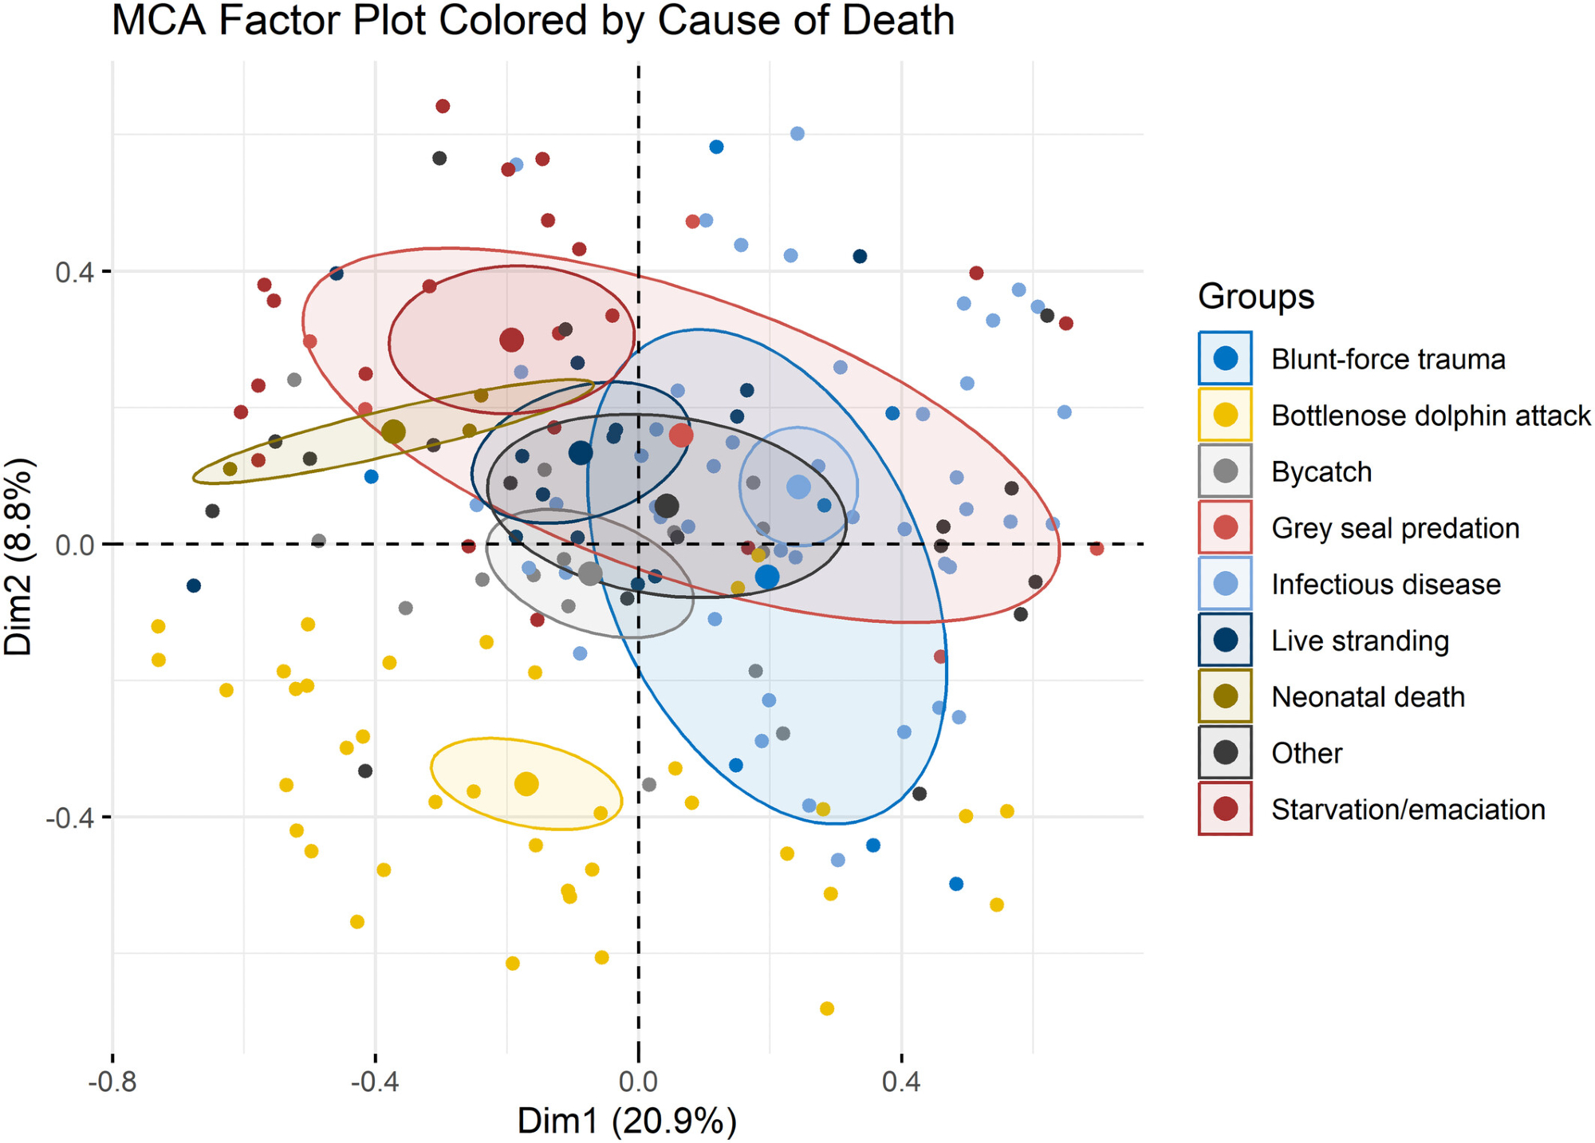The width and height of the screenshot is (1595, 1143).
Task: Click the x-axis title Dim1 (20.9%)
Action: pyautogui.click(x=627, y=1121)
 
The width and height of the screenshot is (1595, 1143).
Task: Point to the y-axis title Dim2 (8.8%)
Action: pyautogui.click(x=19, y=556)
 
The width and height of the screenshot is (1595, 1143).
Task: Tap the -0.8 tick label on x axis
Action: pyautogui.click(x=112, y=1082)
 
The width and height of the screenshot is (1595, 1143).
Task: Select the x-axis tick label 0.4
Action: pyautogui.click(x=901, y=1082)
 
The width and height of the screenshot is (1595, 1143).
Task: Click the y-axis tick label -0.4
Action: pyautogui.click(x=69, y=818)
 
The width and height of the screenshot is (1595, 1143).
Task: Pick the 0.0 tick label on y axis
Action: pyautogui.click(x=74, y=545)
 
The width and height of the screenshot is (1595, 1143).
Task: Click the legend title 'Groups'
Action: pyautogui.click(x=1255, y=297)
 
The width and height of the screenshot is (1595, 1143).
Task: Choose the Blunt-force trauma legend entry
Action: pyautogui.click(x=1388, y=360)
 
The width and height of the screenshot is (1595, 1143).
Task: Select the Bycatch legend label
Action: pyautogui.click(x=1321, y=472)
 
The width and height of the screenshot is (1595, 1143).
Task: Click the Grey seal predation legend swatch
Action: pyautogui.click(x=1225, y=527)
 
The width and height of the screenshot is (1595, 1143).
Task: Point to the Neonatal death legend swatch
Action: pyautogui.click(x=1225, y=696)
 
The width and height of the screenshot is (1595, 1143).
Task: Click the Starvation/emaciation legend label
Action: pyautogui.click(x=1408, y=810)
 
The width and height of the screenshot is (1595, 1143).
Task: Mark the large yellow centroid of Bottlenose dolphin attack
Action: pyautogui.click(x=526, y=784)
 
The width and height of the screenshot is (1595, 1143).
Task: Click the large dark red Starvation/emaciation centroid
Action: pyautogui.click(x=511, y=340)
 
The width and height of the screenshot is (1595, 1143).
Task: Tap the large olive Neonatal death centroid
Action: pyautogui.click(x=393, y=432)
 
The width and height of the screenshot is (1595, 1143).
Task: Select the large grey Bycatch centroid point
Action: pyautogui.click(x=590, y=573)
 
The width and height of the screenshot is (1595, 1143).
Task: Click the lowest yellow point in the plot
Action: pyautogui.click(x=827, y=1009)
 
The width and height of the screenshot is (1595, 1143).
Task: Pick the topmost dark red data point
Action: pyautogui.click(x=443, y=106)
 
